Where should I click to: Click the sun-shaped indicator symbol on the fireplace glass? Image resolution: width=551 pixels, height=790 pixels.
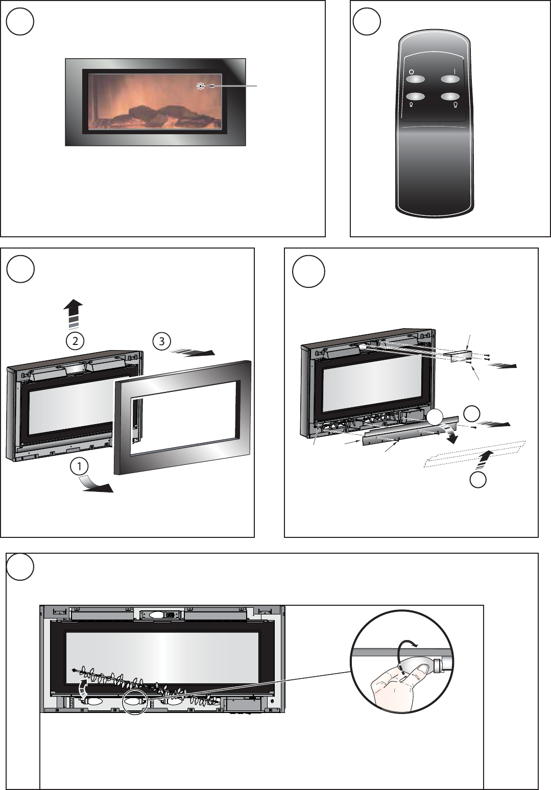tap(201, 86)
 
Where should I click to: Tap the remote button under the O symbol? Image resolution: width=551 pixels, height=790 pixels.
tap(415, 79)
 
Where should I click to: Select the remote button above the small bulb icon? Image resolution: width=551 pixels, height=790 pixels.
tap(415, 96)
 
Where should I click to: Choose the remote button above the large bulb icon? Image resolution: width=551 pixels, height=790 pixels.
tap(450, 96)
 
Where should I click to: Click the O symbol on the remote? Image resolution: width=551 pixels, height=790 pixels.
tap(411, 71)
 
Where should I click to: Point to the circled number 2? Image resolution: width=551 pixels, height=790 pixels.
tap(75, 341)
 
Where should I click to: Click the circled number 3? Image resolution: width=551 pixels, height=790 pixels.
tap(162, 341)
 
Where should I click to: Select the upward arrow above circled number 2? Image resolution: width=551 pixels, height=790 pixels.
tap(73, 313)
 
